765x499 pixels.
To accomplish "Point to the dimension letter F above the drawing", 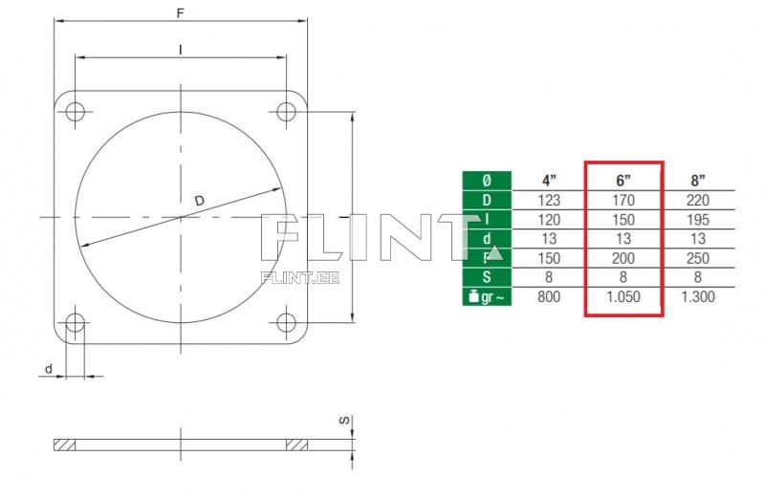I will [181, 13].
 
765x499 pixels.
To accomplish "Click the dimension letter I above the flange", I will [181, 49].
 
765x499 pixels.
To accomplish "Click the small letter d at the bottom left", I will [47, 369].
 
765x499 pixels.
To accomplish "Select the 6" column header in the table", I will [623, 180].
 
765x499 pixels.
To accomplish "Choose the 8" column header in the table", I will [698, 180].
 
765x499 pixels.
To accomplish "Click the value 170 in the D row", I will [623, 200].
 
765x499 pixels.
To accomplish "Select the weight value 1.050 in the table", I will [623, 298].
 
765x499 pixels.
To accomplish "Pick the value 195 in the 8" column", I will [698, 219].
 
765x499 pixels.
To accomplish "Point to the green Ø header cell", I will [487, 180].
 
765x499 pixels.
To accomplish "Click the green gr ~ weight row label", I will [487, 298].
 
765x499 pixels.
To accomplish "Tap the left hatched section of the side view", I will [63, 445].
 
